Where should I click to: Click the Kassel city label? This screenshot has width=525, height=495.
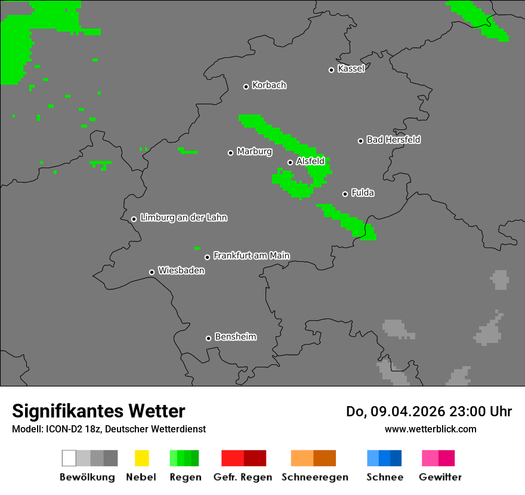coord(351,69)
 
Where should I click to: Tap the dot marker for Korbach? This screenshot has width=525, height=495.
coord(246,86)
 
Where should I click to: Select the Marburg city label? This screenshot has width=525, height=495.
coord(254,151)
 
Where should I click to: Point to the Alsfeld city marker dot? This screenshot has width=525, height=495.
coord(290,162)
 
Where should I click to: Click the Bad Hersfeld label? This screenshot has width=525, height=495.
coord(393,140)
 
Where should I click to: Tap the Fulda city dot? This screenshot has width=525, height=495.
coord(345,194)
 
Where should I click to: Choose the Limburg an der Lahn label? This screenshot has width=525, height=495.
coord(183,218)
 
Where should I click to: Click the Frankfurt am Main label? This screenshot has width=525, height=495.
coord(251,255)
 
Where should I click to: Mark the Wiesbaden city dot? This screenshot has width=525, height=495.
coord(152,272)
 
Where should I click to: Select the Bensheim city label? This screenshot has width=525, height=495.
coord(235,337)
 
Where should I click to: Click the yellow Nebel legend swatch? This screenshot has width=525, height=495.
coord(141,458)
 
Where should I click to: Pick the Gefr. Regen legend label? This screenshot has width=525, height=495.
coord(243,477)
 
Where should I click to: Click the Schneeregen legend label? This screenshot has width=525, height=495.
coord(314,477)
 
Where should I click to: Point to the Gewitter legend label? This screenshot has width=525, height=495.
coord(440,477)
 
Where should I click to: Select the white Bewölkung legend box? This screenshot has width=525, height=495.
coord(69,458)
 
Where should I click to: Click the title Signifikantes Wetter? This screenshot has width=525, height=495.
coord(98,411)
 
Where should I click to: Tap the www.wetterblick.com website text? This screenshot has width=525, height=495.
coord(430,429)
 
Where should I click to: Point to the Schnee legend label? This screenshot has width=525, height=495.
coord(384,477)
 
